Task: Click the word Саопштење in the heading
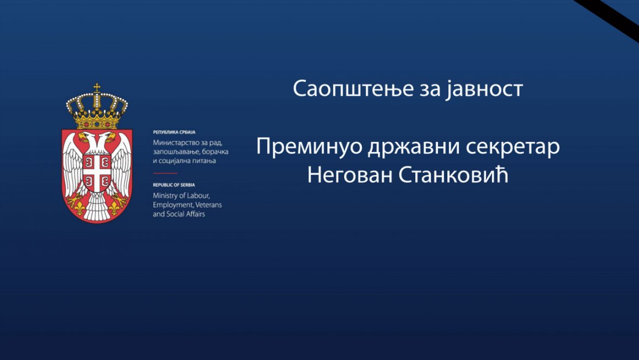[353, 89]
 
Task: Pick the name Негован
[350, 176]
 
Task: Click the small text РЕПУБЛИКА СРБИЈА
[174, 132]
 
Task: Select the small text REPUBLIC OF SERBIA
[174, 185]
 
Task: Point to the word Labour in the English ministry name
[198, 195]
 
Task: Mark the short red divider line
[165, 173]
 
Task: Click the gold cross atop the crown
[97, 88]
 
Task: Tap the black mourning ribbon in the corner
[607, 20]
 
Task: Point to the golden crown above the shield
[97, 107]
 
